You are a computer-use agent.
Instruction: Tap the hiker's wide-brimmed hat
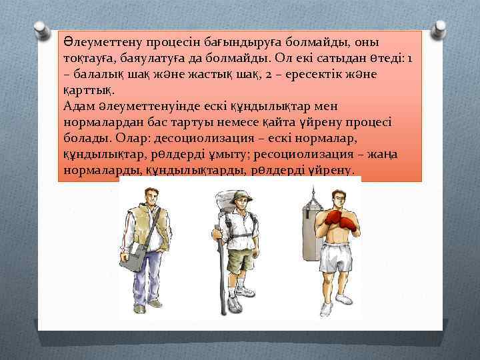click(231, 195)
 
